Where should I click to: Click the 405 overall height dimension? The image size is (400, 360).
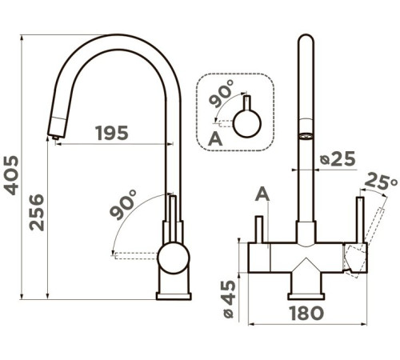[x=11, y=175]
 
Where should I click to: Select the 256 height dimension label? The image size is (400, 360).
[x=37, y=212]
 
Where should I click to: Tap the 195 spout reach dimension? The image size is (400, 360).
[x=112, y=133]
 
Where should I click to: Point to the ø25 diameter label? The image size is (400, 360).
[x=338, y=158]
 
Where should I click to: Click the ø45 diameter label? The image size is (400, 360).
[x=229, y=299]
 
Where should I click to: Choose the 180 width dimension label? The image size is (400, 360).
[x=306, y=313]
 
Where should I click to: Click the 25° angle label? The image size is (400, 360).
[x=381, y=182]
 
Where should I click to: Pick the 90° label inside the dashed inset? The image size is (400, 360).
[x=221, y=93]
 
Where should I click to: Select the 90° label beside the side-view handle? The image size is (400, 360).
[x=123, y=205]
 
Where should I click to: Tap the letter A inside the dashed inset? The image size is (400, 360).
[x=215, y=138]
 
